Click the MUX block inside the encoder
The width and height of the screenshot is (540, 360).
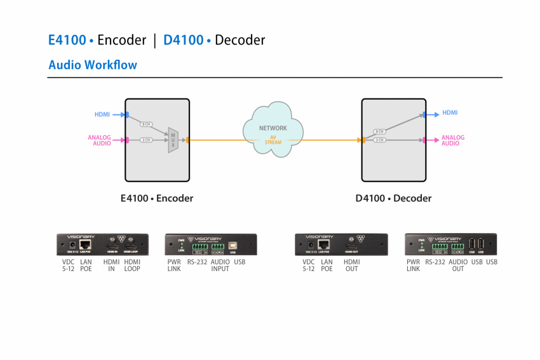172,139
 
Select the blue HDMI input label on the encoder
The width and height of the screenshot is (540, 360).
102,114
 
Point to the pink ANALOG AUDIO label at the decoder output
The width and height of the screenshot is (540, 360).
453,140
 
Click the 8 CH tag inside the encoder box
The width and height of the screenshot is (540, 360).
145,124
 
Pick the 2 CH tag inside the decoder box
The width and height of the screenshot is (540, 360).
379,140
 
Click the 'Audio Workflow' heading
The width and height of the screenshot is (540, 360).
93,65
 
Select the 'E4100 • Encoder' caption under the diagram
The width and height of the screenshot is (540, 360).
157,198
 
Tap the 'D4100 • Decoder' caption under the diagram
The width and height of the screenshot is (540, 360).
393,198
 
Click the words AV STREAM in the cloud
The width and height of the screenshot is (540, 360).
273,140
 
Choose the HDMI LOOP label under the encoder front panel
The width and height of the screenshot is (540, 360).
132,265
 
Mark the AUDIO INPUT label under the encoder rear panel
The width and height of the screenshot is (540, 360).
220,265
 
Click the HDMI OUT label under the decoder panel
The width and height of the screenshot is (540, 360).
351,265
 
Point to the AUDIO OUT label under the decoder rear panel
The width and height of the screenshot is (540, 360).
457,265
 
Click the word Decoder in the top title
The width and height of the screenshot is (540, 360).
240,40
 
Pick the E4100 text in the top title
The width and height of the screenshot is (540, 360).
67,40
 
